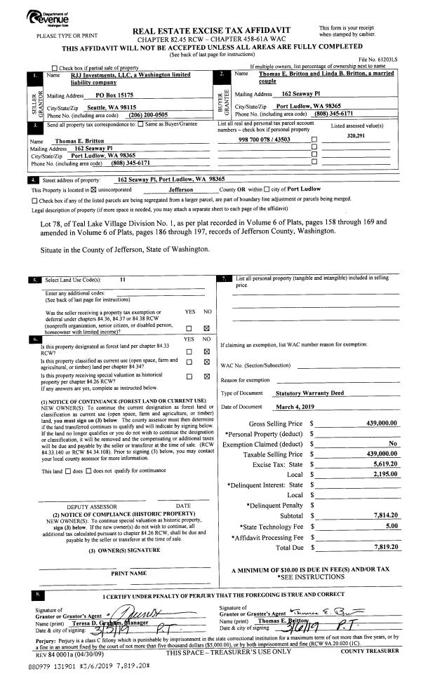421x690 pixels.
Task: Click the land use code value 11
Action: click(x=122, y=279)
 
